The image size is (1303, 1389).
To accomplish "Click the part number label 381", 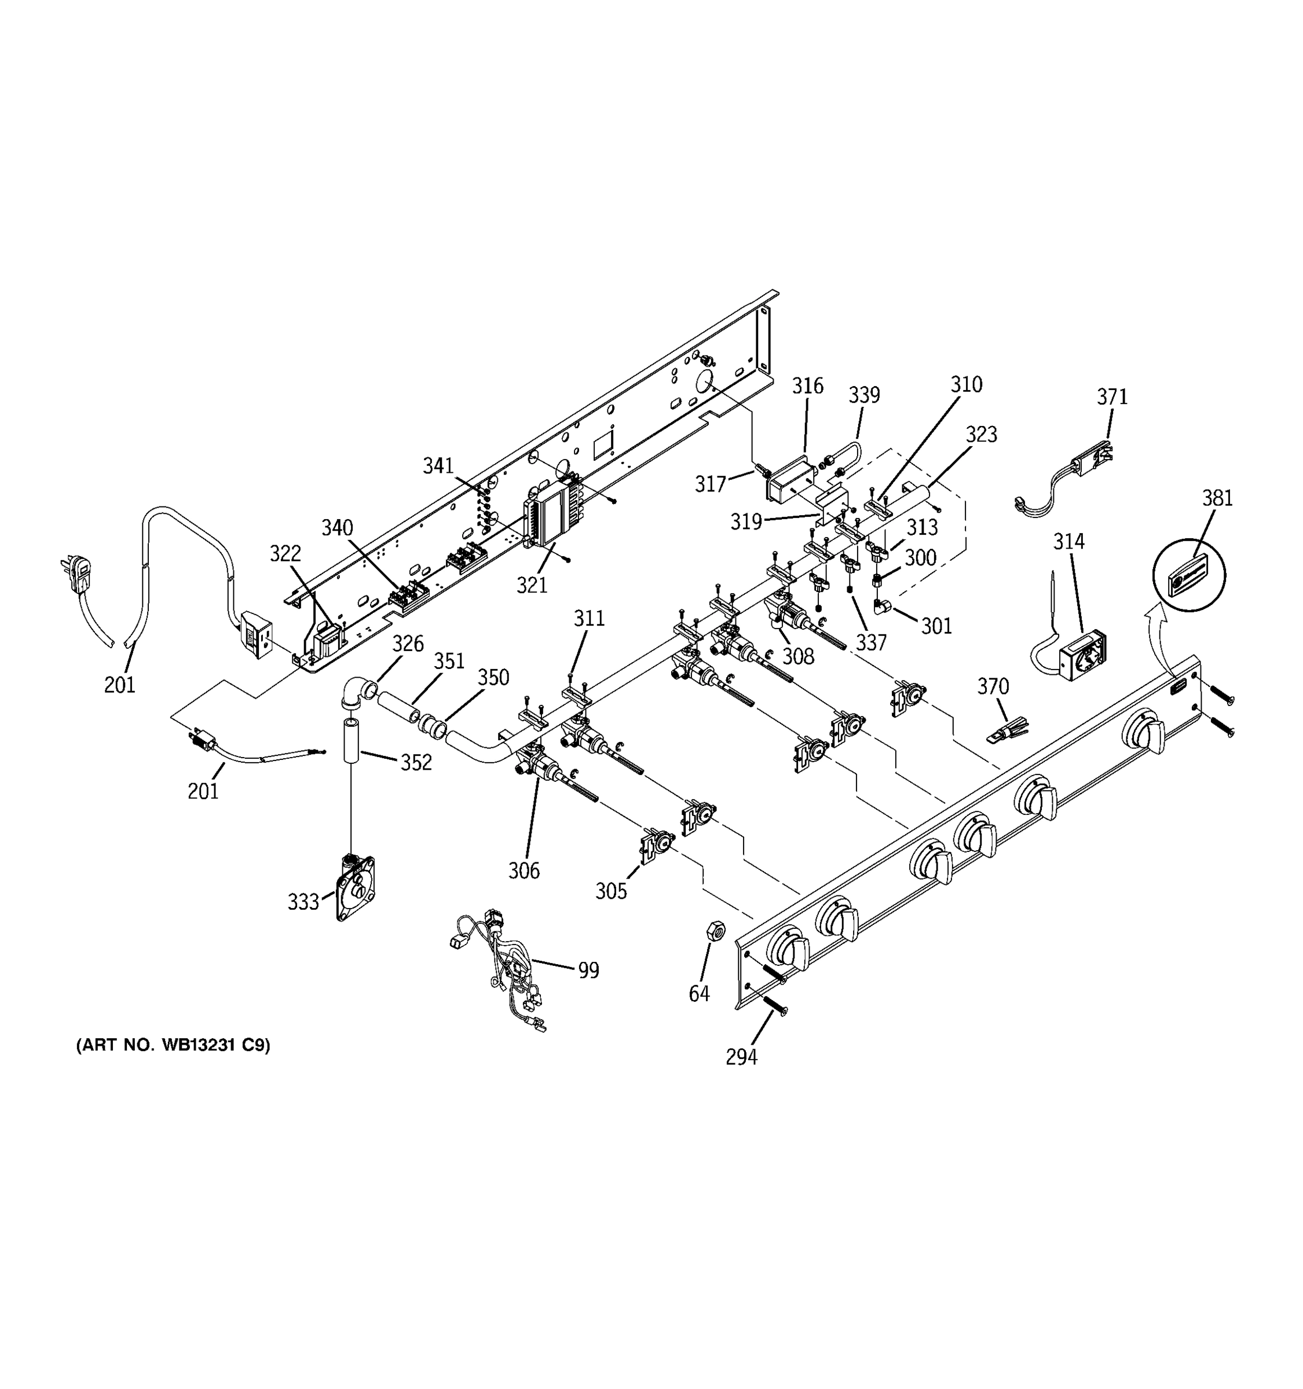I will (x=1217, y=498).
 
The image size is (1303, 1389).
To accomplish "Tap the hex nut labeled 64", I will (x=716, y=930).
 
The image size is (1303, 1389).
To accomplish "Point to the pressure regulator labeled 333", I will (x=355, y=887).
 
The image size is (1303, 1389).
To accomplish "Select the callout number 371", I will (x=1111, y=397).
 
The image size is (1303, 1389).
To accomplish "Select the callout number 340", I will (x=337, y=527).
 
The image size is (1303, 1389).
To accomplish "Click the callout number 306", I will (x=524, y=870).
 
